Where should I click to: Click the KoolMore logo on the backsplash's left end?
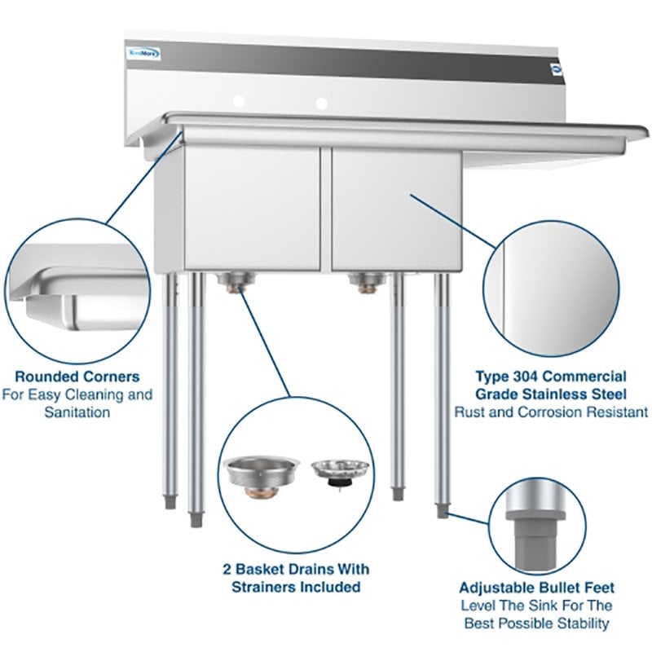coord(144,54)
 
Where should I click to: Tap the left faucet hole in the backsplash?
coord(240,102)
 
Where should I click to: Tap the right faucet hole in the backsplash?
coord(322,104)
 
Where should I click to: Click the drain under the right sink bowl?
coord(364,282)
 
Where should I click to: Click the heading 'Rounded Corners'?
coord(77,377)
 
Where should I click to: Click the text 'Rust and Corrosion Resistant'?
coord(551,412)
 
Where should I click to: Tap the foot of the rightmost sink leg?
coord(442,511)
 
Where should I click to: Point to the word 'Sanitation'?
coord(77,412)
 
